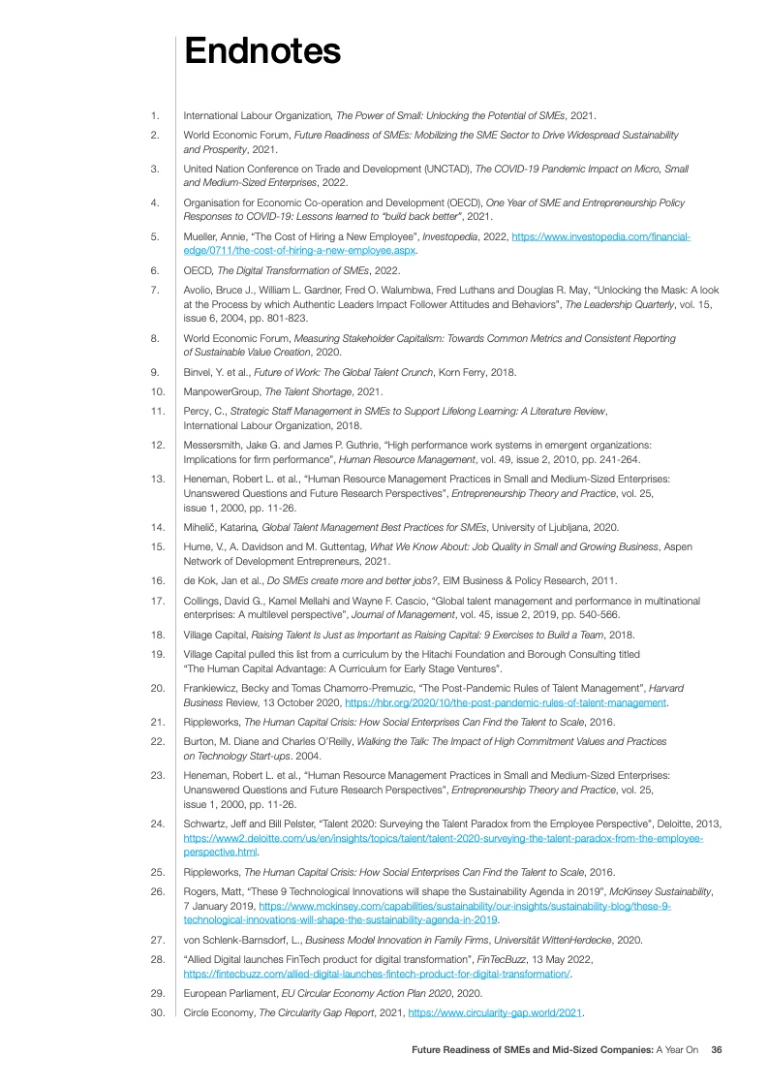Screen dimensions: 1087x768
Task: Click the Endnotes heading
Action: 262,49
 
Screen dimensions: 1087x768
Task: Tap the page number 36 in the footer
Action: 717,1048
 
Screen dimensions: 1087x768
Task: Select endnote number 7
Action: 155,290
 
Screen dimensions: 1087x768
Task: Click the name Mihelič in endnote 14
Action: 202,527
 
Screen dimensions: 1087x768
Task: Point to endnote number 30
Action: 155,1012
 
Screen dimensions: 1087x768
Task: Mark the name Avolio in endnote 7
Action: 200,290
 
